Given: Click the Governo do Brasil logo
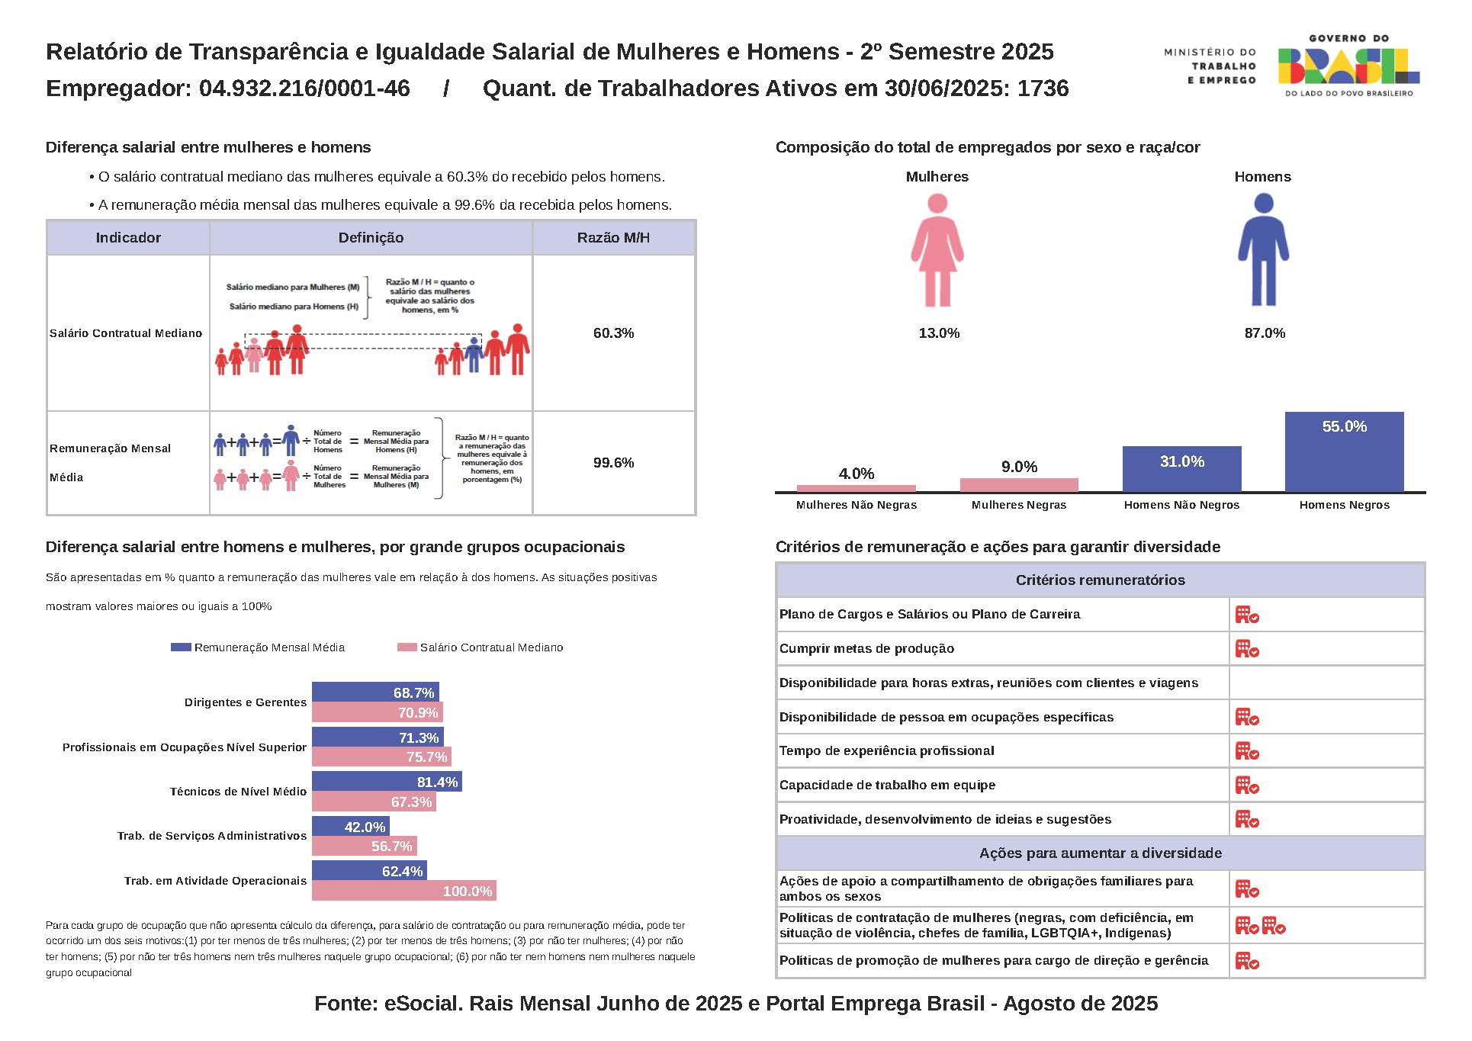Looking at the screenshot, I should coord(1348,66).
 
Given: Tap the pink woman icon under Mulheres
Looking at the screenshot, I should coord(937,250).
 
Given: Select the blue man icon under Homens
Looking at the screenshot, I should coord(1263,250).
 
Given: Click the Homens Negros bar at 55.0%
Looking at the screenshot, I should coord(1344,452).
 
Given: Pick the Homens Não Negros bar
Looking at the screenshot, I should coord(1181,469).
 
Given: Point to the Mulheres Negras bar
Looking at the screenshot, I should coord(1019,485).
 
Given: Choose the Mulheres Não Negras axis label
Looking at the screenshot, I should coord(857,505).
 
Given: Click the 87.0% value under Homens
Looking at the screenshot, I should coord(1265,333).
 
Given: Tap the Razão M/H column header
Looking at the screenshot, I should coord(613,238).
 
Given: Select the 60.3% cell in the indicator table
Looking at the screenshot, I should coord(613,333).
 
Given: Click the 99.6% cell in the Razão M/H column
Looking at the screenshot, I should coord(613,463).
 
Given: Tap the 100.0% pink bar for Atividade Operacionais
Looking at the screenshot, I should coord(404,891).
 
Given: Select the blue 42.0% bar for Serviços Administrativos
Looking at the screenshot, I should coord(351,827).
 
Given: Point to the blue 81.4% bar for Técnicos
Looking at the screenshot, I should coord(387,782).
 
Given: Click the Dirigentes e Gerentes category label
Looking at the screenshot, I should coord(246,702).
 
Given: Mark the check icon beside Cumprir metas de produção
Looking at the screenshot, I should coord(1247,649).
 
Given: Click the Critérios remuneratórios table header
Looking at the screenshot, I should coord(1100,580).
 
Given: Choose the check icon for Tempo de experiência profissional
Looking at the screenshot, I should coord(1247,751).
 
